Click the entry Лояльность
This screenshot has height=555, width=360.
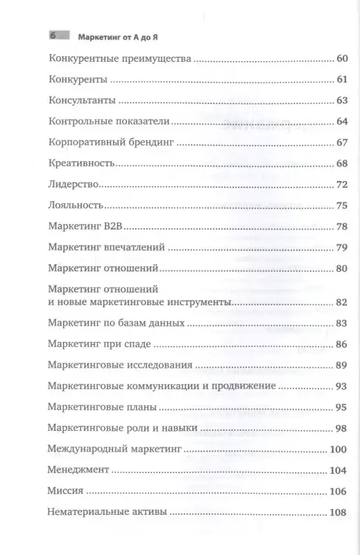(77, 206)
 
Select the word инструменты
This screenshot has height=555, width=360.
(212, 302)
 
